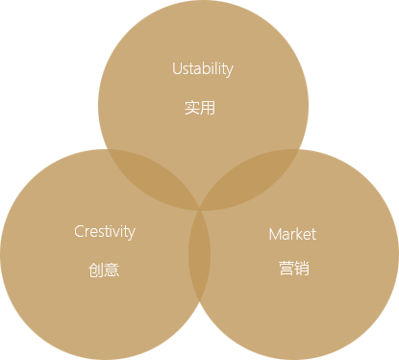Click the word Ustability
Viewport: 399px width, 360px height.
tap(203, 69)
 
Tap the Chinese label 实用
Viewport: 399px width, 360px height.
tap(200, 108)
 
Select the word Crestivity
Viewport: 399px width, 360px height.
tap(105, 232)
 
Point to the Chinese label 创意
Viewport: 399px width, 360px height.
tap(104, 270)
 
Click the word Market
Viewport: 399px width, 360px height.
tap(292, 234)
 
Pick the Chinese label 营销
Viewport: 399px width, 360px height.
tap(294, 268)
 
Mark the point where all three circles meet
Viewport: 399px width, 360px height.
tap(200, 209)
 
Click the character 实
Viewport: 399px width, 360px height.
tap(192, 108)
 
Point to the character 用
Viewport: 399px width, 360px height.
tap(208, 108)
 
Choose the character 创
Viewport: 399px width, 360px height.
tap(96, 270)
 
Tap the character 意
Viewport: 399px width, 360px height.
tap(112, 270)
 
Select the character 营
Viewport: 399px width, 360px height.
tap(286, 268)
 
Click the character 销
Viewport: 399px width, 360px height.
tap(302, 268)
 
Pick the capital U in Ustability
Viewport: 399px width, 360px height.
tap(177, 68)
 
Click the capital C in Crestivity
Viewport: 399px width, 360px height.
tap(79, 231)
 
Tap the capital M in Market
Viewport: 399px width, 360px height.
tap(275, 234)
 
